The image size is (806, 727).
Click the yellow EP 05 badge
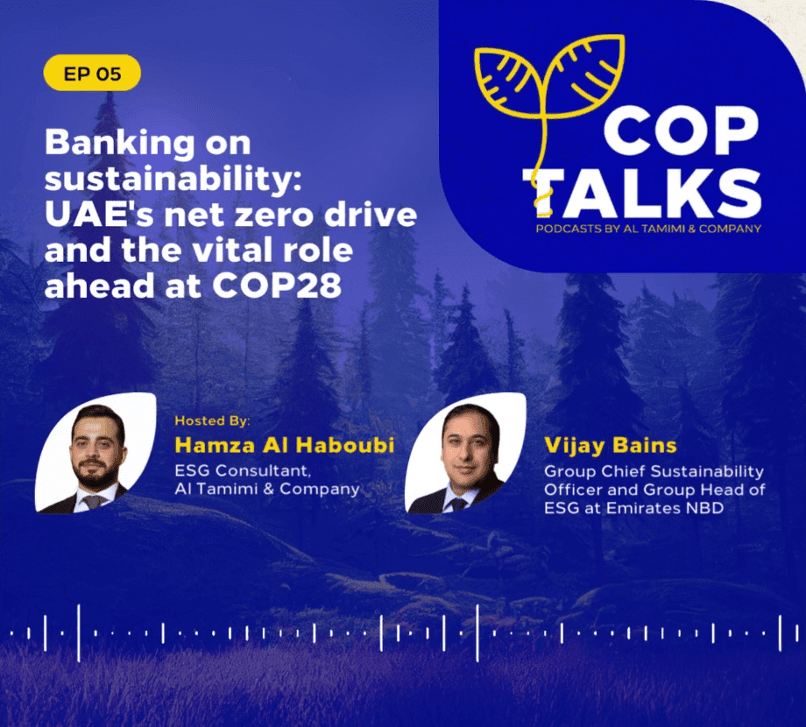click(92, 73)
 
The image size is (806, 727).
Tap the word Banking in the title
click(120, 144)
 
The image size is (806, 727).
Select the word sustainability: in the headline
click(173, 180)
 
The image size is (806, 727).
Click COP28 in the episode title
click(277, 286)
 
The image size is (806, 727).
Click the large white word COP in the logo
click(681, 131)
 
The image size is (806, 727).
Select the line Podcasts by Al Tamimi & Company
click(648, 229)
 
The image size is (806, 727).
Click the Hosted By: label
click(212, 420)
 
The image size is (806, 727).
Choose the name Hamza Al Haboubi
click(285, 445)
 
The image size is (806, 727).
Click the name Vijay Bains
click(610, 446)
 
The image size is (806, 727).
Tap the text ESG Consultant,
click(243, 470)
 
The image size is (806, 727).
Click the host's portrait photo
click(95, 453)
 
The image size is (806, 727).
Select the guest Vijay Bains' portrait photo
click(466, 453)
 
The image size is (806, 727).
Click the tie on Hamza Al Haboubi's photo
click(93, 501)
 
